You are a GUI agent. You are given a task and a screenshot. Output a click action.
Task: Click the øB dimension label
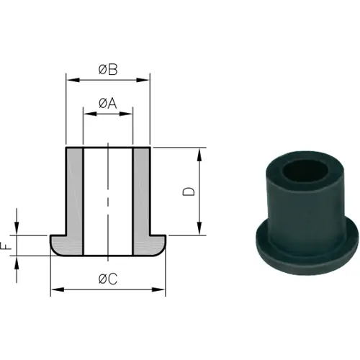pyautogui.click(x=107, y=69)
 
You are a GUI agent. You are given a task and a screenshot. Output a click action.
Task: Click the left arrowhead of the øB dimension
pyautogui.click(x=69, y=77)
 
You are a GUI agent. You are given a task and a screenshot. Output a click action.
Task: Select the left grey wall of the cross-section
pyautogui.click(x=75, y=194)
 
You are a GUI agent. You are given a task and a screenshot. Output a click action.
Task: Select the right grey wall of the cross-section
pyautogui.click(x=142, y=194)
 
